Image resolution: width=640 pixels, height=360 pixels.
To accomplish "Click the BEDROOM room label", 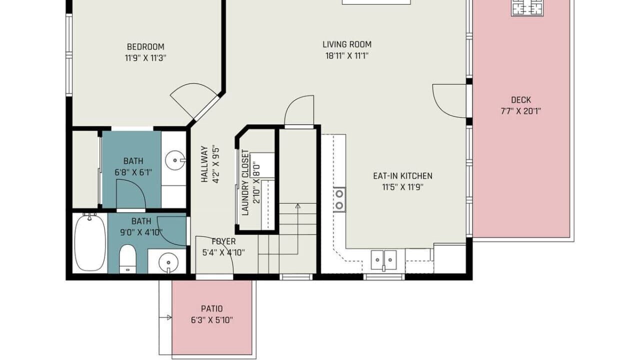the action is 145,46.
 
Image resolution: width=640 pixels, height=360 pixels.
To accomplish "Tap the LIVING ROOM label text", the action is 347,44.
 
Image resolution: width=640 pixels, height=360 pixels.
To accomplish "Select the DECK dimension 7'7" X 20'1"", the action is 521,111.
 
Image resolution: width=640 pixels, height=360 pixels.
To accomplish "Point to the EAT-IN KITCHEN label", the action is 402,175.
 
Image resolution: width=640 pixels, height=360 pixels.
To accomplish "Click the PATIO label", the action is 211,308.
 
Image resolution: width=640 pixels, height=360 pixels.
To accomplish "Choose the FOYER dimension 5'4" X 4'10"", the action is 223,252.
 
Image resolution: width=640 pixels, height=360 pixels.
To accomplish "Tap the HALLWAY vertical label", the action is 204,164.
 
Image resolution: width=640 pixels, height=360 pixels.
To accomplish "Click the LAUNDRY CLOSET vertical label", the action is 245,182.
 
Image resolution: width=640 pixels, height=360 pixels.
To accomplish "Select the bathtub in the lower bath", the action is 89,243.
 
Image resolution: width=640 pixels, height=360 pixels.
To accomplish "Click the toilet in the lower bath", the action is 127,258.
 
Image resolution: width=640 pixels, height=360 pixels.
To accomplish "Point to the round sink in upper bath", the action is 175,160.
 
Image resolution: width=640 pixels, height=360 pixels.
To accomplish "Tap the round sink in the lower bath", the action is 168,262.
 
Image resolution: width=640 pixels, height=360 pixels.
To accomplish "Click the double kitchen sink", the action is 383,260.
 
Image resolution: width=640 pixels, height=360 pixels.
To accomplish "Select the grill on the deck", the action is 527,8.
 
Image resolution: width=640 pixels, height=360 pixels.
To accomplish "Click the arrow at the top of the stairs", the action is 297,205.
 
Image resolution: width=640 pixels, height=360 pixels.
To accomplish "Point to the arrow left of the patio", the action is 165,317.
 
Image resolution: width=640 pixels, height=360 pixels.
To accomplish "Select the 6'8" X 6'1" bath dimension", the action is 133,172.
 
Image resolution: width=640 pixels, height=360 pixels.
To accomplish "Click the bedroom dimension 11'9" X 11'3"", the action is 145,58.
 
